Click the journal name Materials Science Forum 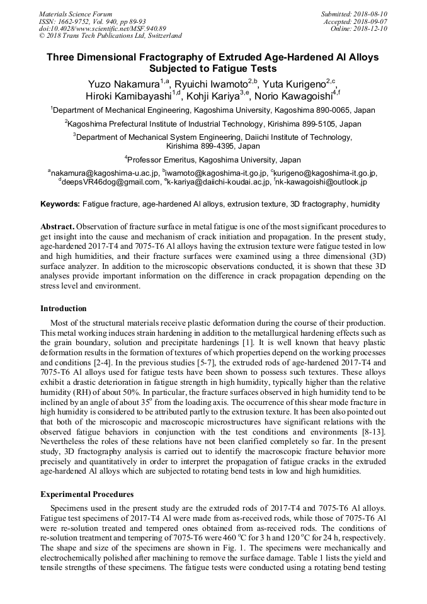coord(76,14)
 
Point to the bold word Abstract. coord(58,225)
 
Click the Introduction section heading coord(64,309)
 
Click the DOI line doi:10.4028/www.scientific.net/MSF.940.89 coord(103,28)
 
